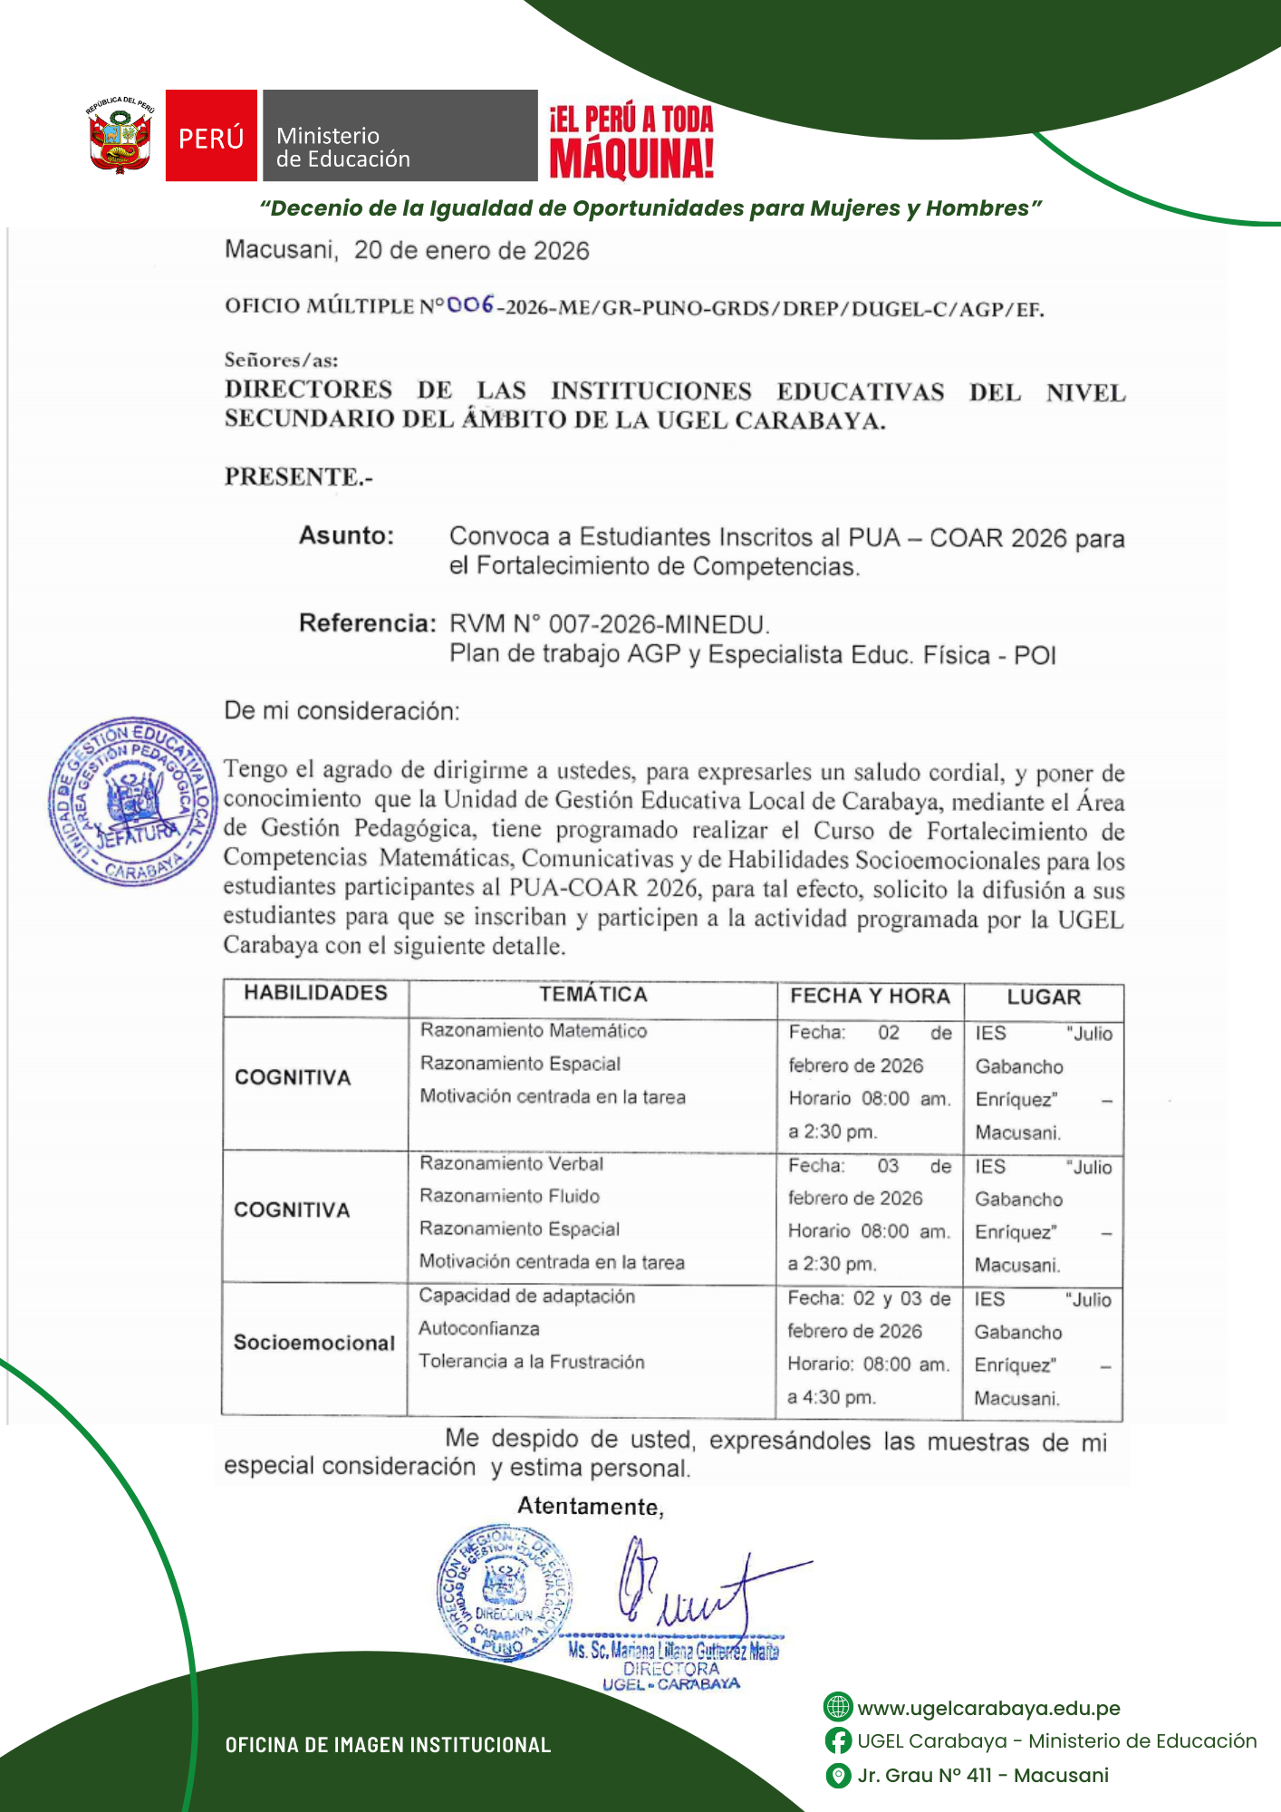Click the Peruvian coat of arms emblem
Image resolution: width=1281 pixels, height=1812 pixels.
click(x=120, y=137)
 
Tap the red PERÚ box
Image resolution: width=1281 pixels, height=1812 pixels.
click(x=211, y=136)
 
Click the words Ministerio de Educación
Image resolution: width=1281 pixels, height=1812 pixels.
click(x=343, y=148)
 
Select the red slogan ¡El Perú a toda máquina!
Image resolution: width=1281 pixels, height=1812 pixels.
click(x=631, y=141)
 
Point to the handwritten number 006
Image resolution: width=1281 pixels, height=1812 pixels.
click(x=470, y=305)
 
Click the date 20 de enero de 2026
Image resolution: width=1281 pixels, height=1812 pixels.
click(x=471, y=251)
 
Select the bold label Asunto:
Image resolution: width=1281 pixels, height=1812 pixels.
click(x=347, y=535)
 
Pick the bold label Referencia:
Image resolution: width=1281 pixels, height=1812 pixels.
click(x=368, y=623)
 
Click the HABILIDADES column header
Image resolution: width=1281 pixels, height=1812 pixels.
click(x=315, y=993)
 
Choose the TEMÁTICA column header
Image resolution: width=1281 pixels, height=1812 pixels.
click(x=593, y=995)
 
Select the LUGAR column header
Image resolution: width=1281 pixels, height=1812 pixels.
click(x=1044, y=998)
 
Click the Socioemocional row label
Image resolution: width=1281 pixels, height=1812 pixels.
click(x=314, y=1343)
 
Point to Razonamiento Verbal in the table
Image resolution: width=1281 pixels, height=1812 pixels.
click(x=511, y=1163)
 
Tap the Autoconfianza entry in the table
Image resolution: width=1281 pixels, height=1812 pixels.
click(x=479, y=1328)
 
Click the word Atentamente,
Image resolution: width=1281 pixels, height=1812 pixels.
click(x=591, y=1507)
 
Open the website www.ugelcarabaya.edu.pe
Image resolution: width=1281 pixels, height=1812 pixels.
click(x=988, y=1708)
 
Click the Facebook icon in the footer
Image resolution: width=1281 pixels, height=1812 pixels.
click(x=838, y=1740)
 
